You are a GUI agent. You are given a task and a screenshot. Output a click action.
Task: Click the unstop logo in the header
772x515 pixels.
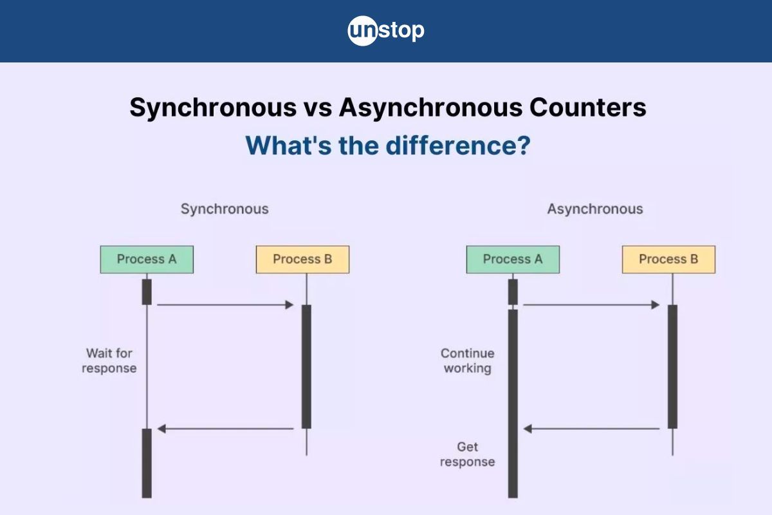pos(386,31)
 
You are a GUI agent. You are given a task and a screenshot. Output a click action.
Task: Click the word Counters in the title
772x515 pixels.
pos(587,108)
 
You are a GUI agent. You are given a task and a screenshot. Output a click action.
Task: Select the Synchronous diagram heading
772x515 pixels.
pos(225,209)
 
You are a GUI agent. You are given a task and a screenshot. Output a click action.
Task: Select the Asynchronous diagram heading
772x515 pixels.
pos(595,209)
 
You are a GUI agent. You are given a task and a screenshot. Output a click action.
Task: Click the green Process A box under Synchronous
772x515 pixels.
pos(147,259)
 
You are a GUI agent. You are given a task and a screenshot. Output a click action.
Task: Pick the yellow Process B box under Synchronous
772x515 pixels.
pos(302,259)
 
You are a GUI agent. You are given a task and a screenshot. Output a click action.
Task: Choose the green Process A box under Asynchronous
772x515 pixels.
pos(513,259)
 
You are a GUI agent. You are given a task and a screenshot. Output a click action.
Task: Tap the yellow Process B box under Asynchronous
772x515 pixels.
pos(668,259)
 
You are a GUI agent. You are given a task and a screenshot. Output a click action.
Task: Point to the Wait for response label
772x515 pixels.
pos(109,360)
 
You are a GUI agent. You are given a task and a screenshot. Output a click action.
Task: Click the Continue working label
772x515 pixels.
pos(468,360)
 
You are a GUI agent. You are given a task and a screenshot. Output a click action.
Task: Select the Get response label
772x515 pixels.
pos(467,454)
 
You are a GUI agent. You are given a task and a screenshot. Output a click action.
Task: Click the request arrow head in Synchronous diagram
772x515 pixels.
pos(289,305)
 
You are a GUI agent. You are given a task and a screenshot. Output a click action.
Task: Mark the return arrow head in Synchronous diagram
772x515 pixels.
pos(161,429)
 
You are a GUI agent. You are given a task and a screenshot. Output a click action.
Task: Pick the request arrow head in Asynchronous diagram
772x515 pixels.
pos(656,305)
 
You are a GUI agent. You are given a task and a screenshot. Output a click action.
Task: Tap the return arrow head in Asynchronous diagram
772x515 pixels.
pos(528,429)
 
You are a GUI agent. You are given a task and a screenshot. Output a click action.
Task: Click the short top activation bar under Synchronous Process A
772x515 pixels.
pos(147,292)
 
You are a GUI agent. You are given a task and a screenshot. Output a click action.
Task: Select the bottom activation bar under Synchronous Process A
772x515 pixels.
pos(147,464)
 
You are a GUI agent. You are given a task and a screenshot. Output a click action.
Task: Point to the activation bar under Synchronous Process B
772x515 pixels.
pos(306,367)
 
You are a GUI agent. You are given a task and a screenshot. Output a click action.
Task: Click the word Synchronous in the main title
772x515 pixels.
pos(213,108)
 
